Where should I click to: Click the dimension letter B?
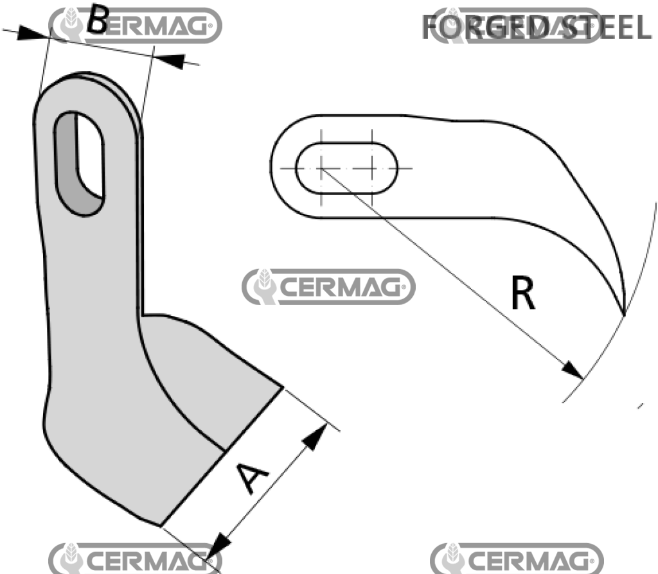[98, 21]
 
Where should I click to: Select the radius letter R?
[522, 295]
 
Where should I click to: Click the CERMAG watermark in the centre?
[328, 286]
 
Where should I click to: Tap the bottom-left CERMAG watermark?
[134, 559]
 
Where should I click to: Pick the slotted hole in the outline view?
[346, 168]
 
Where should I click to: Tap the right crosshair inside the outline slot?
[371, 168]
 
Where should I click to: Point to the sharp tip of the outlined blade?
[624, 314]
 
